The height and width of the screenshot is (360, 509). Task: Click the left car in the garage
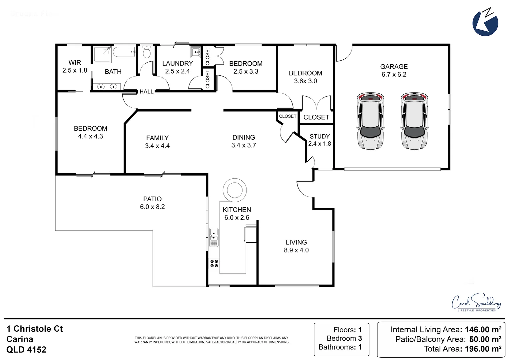click(x=370, y=121)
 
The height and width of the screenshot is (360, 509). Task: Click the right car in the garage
click(x=414, y=121)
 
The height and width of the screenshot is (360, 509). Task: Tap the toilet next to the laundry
click(x=147, y=52)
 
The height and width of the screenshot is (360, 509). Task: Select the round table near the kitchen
click(x=235, y=190)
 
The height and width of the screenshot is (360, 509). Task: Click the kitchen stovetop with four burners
click(x=214, y=263)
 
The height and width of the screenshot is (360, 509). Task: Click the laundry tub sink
click(x=196, y=52)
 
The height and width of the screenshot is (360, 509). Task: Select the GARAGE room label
click(x=394, y=67)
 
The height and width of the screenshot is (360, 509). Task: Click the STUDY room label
click(x=319, y=136)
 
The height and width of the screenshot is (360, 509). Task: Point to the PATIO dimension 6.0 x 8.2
click(x=152, y=207)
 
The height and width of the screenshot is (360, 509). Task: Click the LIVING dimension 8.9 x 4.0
click(x=296, y=250)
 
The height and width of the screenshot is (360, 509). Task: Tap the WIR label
click(x=75, y=63)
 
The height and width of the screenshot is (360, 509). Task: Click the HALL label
click(x=146, y=92)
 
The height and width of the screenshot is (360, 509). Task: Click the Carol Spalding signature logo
click(x=476, y=302)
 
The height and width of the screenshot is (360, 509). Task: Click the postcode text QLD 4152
click(x=26, y=350)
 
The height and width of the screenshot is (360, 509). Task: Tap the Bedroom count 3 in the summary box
click(x=360, y=338)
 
